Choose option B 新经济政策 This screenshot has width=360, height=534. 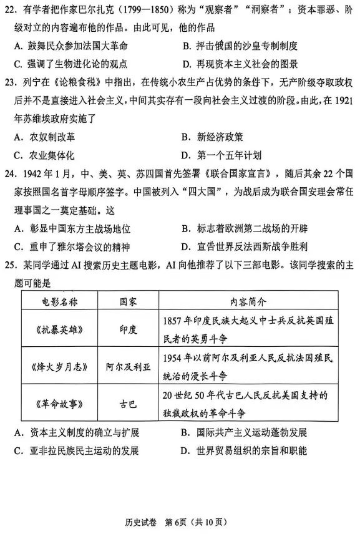click(x=212, y=137)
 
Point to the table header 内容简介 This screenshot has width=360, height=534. click(x=248, y=301)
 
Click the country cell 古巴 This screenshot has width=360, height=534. click(x=129, y=402)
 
